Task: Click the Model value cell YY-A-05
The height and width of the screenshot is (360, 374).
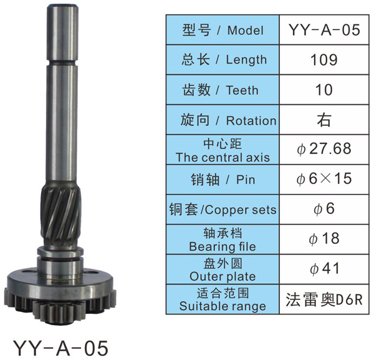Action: coord(324,30)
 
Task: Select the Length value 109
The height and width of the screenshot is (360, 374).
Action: coord(324,60)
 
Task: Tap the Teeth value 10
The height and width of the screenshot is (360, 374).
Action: coord(324,90)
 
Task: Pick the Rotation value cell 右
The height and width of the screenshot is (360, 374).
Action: coord(324,120)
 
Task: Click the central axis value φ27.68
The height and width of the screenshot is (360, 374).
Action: coord(324,148)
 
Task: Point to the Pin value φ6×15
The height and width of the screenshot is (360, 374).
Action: coord(324,178)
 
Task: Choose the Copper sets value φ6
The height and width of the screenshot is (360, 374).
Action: coord(324,208)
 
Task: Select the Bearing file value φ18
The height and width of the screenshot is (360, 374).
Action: coord(324,238)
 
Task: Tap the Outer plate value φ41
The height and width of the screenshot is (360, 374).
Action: coord(324,268)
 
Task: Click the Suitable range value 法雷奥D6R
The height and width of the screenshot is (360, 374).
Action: coord(324,299)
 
